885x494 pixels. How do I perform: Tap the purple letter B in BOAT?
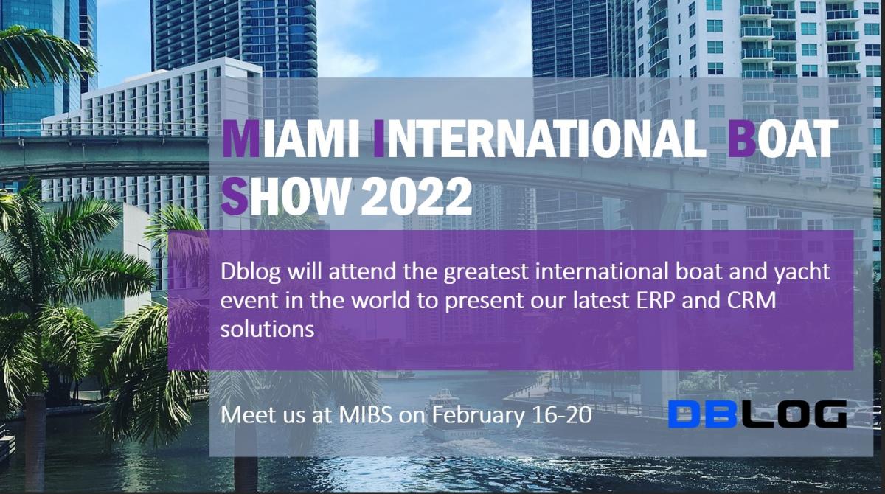click(x=743, y=139)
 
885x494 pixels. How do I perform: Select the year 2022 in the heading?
click(x=417, y=196)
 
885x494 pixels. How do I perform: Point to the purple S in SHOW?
click(x=235, y=196)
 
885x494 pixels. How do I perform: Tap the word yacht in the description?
click(x=802, y=273)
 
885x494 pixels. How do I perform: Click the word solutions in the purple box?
click(x=267, y=328)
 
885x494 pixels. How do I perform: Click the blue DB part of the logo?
click(x=702, y=414)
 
